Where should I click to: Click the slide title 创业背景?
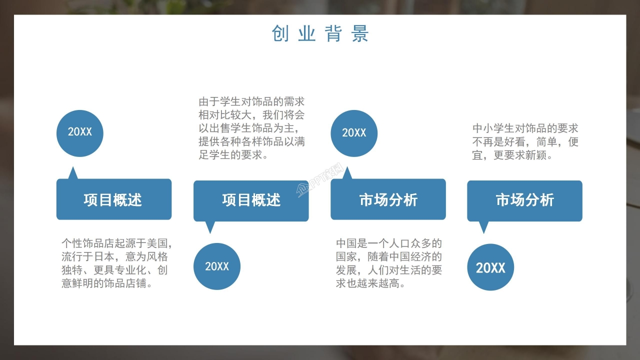click(x=320, y=33)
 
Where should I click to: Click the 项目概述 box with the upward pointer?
click(x=113, y=200)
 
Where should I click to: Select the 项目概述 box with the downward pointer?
click(x=251, y=200)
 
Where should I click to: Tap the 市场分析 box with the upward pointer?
click(x=388, y=200)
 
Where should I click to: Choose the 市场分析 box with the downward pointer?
click(x=524, y=200)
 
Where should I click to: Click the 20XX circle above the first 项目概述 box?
click(x=80, y=132)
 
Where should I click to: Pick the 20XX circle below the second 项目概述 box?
click(x=216, y=266)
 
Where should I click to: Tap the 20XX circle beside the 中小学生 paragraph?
click(x=354, y=133)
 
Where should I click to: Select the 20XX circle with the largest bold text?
click(x=490, y=267)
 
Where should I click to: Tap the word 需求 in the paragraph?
click(x=294, y=102)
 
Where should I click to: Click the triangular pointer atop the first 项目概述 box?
click(x=73, y=174)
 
